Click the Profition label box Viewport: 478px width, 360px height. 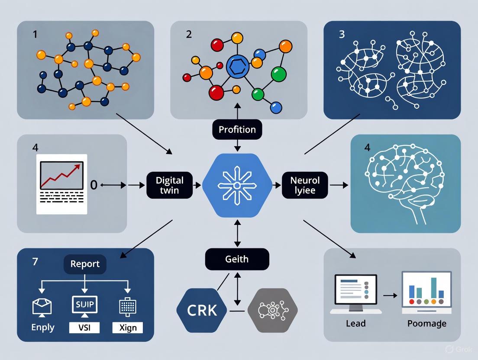coord(237,129)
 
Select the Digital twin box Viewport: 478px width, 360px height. coord(169,185)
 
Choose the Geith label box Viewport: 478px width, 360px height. coord(237,259)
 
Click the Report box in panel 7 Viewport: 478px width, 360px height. coord(85,264)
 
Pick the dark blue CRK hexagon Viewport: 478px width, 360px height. coord(202,310)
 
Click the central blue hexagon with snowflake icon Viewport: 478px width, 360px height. coord(236,185)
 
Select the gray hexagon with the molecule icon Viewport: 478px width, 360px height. coord(272,310)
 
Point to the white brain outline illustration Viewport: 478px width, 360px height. coord(405,184)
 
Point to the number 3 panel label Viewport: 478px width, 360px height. coord(342,34)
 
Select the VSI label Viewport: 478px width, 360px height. coord(84,328)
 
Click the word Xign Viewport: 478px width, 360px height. coord(127,328)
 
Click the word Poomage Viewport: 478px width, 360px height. coord(427,323)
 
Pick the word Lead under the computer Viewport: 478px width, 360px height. coord(356,323)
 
